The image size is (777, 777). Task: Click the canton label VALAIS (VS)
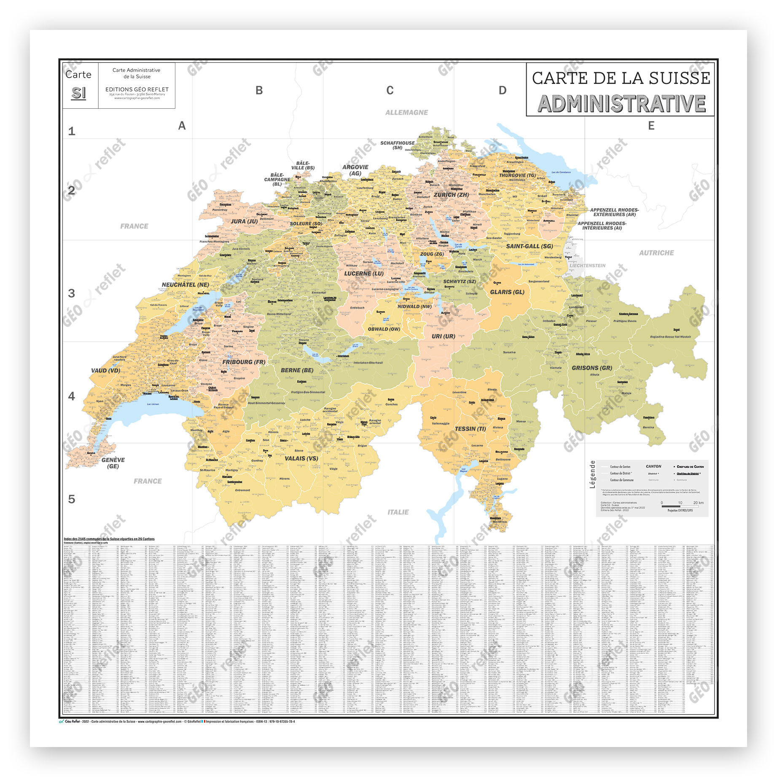point(301,458)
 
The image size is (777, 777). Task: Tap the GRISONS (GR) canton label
point(591,368)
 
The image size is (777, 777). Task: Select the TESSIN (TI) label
point(470,428)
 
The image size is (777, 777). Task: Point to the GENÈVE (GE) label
point(113,462)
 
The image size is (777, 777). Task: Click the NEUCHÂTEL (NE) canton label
point(185,285)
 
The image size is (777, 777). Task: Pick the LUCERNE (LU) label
point(363,273)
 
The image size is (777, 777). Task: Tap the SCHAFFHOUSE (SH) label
point(397,145)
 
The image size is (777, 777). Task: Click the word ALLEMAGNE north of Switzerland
point(406,113)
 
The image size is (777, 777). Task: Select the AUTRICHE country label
point(656,253)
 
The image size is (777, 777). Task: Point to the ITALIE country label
point(398,512)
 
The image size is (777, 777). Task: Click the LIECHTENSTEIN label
point(587,266)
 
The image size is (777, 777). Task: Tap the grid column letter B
point(259,90)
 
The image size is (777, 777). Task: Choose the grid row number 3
point(72,293)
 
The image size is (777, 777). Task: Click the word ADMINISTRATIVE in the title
point(621,104)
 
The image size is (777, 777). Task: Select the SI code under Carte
point(78,93)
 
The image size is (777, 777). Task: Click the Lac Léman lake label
point(153,404)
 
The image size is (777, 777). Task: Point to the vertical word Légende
point(592,474)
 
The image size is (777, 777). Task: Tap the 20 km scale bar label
point(698,503)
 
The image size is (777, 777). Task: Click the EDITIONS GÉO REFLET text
point(137,89)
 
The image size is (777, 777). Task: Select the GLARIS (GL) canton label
point(507,292)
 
